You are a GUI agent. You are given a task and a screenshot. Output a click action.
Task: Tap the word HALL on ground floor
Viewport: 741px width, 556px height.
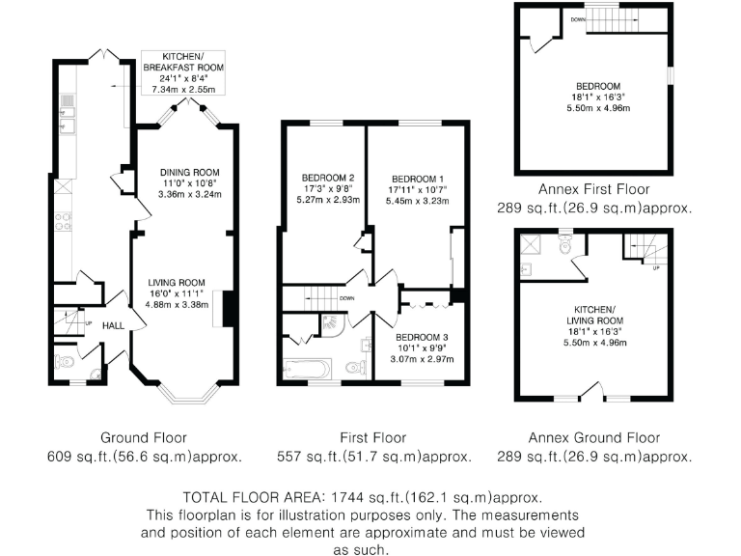pos(114,326)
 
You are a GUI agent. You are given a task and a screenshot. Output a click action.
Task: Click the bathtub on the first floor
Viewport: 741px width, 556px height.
pos(308,368)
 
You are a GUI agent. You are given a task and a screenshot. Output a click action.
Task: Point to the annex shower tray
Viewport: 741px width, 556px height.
pos(532,244)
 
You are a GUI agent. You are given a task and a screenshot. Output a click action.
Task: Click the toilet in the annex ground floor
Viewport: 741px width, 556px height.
pos(569,247)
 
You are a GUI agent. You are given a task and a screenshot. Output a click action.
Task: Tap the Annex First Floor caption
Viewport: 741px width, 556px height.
pos(593,189)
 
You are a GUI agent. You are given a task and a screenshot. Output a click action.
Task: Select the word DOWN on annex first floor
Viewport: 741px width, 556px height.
pos(577,18)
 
